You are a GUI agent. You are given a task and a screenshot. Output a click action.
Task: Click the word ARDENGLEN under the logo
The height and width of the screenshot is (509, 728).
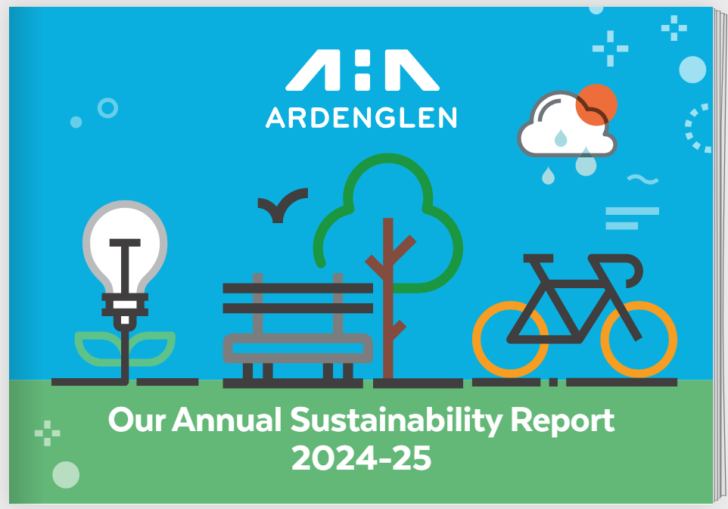(361, 118)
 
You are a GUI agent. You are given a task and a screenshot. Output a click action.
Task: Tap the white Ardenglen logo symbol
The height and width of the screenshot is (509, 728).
(362, 70)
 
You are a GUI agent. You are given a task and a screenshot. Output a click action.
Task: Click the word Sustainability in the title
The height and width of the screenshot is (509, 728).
(396, 421)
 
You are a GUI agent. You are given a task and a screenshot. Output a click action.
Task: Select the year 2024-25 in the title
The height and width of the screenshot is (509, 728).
(362, 458)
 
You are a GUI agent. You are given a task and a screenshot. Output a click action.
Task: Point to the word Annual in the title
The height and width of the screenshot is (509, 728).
(226, 420)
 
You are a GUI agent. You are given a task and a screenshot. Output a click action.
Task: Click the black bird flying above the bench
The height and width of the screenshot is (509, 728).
(283, 205)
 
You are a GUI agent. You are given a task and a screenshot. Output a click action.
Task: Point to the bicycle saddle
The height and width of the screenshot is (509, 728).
(538, 259)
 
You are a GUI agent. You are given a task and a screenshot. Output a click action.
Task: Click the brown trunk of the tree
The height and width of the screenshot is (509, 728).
(388, 297)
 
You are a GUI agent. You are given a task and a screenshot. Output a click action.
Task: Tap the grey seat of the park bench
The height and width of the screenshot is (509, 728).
(297, 348)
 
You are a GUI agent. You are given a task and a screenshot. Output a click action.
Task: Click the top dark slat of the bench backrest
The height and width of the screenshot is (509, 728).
(297, 288)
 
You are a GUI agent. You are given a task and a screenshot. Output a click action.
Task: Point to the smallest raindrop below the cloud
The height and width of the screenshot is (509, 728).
(549, 176)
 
